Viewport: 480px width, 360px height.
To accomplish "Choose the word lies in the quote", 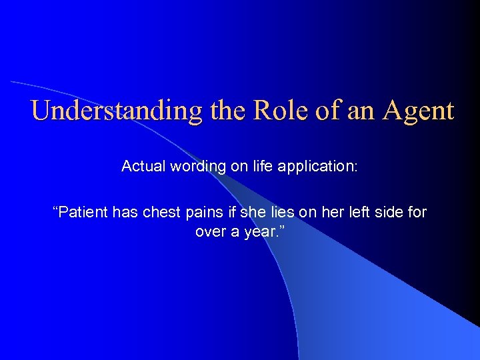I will click(x=265, y=213).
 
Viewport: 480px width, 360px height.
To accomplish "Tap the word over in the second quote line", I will click(x=209, y=232).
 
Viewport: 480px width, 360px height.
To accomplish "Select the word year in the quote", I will click(x=257, y=232).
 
